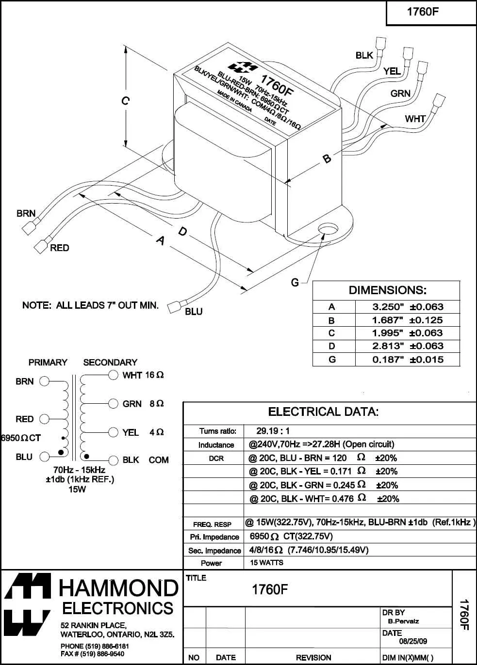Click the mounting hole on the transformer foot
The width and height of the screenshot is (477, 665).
[329, 229]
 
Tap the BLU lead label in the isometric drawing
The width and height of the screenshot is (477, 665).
[194, 312]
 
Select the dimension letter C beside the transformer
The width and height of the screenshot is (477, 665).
[125, 101]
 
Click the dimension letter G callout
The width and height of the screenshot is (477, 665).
[295, 282]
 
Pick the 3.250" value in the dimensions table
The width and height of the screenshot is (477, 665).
[388, 307]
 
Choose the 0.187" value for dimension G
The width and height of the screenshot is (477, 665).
[388, 360]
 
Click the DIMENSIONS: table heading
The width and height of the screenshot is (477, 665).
[387, 290]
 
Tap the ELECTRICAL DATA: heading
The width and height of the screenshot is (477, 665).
[323, 412]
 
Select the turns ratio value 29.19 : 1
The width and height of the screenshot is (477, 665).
[273, 431]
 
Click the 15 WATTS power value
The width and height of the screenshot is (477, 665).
[266, 563]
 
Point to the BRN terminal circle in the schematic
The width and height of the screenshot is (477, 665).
[44, 381]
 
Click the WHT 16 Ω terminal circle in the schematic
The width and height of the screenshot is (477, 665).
[113, 375]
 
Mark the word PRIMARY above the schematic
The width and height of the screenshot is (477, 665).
[48, 362]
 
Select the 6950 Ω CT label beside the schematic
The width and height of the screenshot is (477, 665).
[21, 438]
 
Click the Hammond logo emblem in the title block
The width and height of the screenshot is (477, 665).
[28, 605]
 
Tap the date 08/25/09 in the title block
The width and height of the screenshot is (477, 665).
[413, 641]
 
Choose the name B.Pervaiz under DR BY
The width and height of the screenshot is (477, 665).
[403, 621]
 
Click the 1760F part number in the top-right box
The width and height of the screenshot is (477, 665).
[423, 12]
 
